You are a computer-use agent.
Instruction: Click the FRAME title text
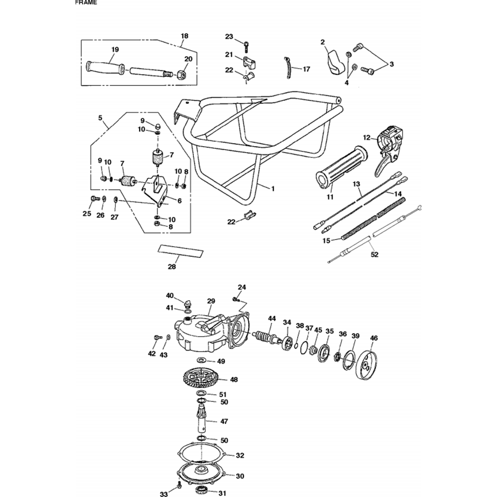click(x=86, y=2)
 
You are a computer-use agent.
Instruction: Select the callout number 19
click(x=115, y=50)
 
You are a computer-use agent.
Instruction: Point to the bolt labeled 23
click(x=247, y=46)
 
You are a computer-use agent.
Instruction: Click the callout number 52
click(x=375, y=254)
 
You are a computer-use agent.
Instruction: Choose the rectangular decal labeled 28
click(x=181, y=250)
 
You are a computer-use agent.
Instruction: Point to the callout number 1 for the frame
click(x=273, y=188)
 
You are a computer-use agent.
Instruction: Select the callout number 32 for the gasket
click(x=240, y=455)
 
